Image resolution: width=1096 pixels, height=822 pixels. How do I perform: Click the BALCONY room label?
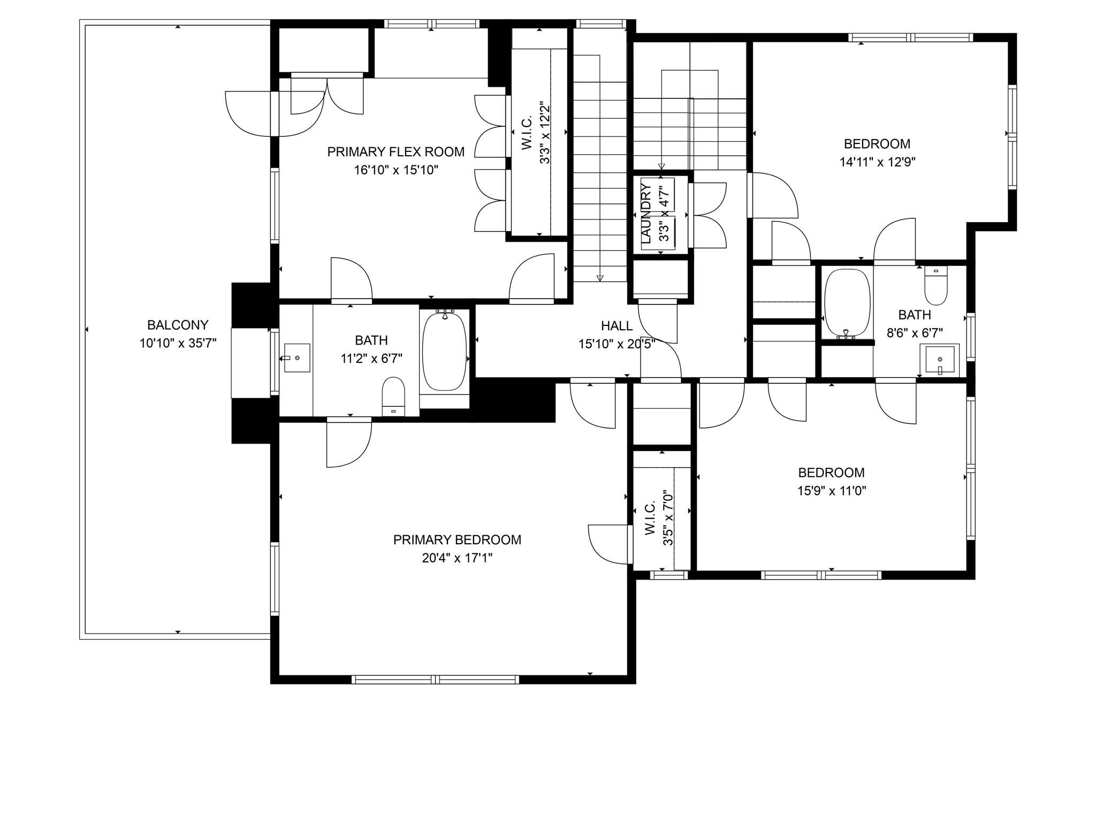[178, 325]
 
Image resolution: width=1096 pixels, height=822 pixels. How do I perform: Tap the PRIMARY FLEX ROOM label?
[395, 152]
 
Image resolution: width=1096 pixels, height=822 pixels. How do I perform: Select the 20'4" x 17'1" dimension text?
[456, 558]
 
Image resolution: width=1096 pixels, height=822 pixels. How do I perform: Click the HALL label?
[616, 325]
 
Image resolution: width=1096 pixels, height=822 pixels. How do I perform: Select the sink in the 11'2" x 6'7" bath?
[296, 357]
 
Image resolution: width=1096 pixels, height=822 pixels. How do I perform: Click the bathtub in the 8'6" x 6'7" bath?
[847, 302]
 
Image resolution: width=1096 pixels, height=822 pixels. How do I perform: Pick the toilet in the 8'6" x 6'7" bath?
[936, 286]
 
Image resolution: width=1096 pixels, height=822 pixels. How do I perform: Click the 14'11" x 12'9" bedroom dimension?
[877, 162]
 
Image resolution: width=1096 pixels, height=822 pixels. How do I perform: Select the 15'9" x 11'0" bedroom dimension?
[831, 491]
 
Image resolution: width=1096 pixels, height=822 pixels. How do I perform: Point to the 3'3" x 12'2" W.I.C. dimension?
[545, 132]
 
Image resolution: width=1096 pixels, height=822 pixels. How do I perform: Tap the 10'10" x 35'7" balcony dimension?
[178, 344]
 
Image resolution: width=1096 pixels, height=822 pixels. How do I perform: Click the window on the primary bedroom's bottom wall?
[435, 679]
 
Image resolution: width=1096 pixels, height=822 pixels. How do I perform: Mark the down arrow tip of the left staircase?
[600, 278]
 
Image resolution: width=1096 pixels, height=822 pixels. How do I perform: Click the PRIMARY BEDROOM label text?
[456, 540]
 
